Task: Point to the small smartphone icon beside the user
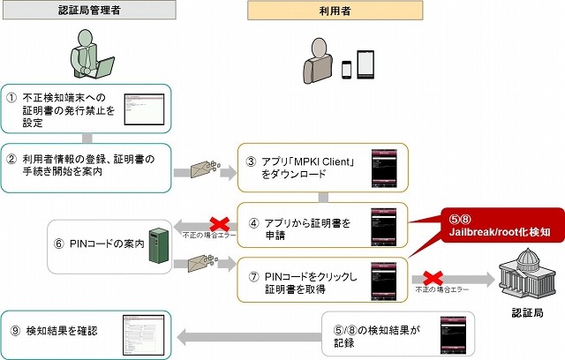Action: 347,68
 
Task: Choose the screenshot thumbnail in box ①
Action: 144,108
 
